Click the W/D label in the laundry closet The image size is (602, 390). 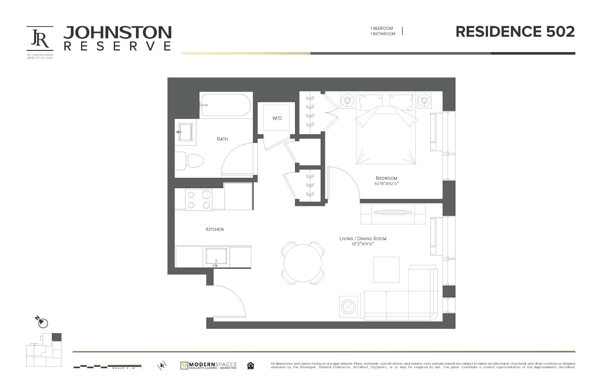point(277,118)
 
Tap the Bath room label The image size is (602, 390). point(222,139)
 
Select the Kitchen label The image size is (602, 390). point(215,229)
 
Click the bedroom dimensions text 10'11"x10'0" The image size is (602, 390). point(386,184)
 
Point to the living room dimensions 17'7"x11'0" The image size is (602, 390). point(363,244)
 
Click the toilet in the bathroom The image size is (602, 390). point(192,161)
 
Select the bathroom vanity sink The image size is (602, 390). point(186,132)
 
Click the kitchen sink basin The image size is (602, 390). point(216,256)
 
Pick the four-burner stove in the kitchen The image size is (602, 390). point(198,199)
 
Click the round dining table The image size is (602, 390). point(303,263)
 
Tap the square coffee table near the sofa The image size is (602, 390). point(386,269)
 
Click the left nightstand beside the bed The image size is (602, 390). point(347,100)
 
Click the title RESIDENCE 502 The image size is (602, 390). point(515,32)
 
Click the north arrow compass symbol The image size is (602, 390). point(42,323)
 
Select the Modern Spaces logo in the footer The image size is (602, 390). point(208,365)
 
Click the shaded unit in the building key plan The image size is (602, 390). point(57,337)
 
